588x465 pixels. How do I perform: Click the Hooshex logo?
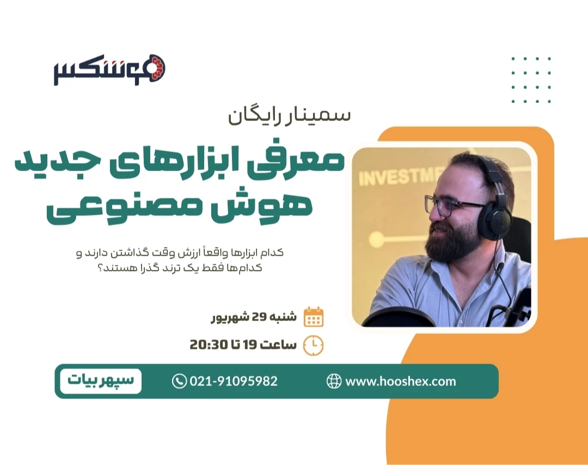tap(109, 70)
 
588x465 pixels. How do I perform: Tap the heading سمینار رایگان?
tap(289, 116)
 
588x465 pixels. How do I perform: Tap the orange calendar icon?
tap(313, 317)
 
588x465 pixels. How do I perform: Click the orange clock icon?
tap(313, 345)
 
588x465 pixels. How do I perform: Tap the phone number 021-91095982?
tap(233, 381)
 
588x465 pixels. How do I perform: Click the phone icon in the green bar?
tap(179, 381)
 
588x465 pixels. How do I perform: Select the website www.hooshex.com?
tap(400, 381)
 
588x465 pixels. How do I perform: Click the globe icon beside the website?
tap(334, 381)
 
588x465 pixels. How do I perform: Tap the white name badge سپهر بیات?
tap(101, 381)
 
